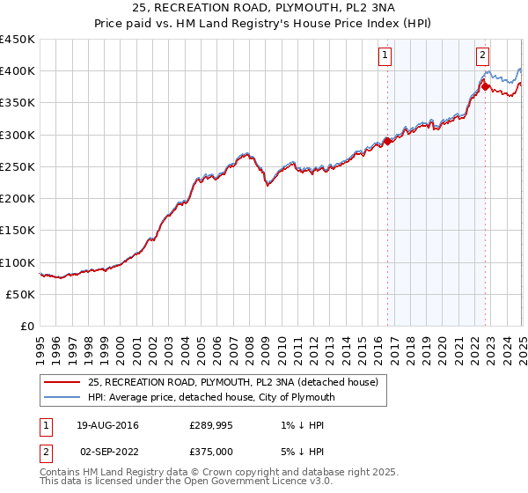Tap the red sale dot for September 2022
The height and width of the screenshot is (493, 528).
(485, 86)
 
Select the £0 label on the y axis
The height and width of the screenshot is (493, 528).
(26, 327)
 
